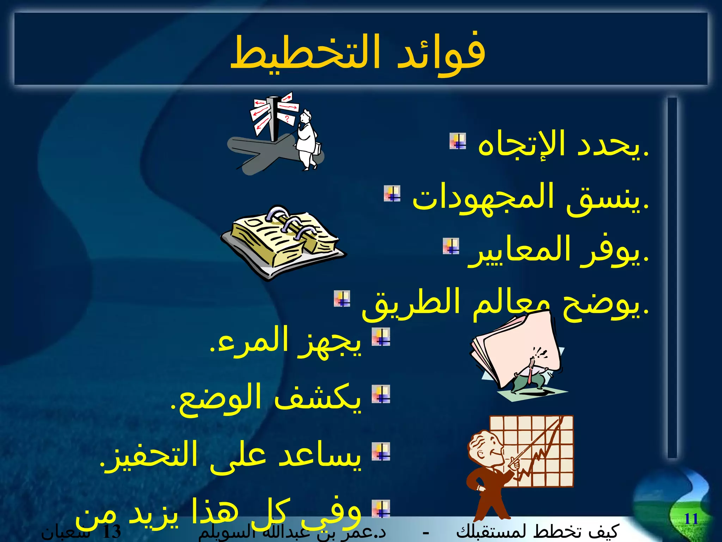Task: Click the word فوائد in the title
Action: pyautogui.click(x=441, y=53)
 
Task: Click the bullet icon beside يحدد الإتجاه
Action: pyautogui.click(x=458, y=141)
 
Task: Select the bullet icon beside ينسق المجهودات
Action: pyautogui.click(x=392, y=194)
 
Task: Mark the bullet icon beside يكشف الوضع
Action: pyautogui.click(x=381, y=394)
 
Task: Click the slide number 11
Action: pyautogui.click(x=691, y=519)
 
